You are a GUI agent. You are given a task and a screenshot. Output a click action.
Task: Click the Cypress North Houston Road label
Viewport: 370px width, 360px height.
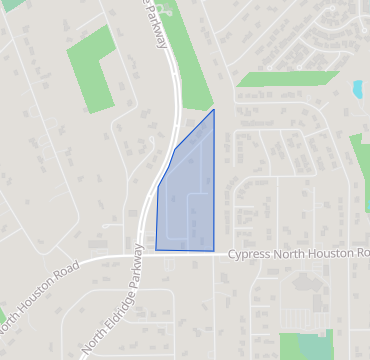click(298, 254)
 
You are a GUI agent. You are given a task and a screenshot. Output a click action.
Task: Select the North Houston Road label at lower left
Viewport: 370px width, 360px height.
click(38, 298)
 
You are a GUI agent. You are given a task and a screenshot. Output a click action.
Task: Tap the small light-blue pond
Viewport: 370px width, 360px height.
click(358, 89)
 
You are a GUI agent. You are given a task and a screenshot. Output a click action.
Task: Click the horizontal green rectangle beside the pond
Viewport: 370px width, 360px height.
click(288, 79)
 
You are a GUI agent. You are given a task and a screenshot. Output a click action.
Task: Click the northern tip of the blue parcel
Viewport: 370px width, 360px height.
click(214, 110)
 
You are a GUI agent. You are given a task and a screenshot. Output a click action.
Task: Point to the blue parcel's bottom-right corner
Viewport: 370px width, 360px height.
click(214, 250)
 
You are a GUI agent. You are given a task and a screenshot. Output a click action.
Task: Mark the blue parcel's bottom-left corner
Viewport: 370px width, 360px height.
click(156, 249)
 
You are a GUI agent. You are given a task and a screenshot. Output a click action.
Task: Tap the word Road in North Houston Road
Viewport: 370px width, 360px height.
click(59, 276)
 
